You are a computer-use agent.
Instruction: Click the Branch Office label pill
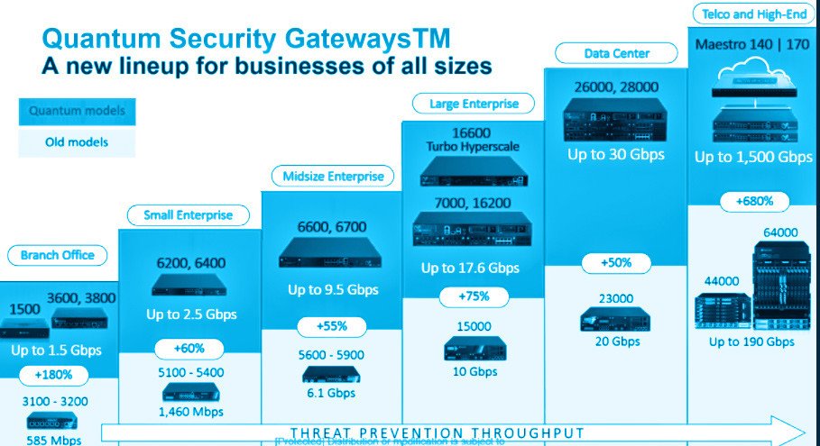pyautogui.click(x=58, y=255)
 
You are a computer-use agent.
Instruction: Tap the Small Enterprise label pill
pyautogui.click(x=189, y=214)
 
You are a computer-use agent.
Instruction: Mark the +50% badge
pyautogui.click(x=617, y=263)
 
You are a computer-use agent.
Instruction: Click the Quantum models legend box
pyautogui.click(x=77, y=112)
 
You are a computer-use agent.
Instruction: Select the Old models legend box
pyautogui.click(x=77, y=142)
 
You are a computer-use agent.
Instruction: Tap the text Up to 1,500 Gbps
pyautogui.click(x=753, y=157)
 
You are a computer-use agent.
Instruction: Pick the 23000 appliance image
pyautogui.click(x=616, y=320)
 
